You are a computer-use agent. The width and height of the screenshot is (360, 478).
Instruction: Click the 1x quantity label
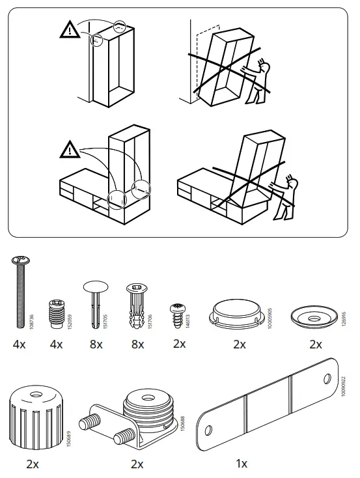coord(242,464)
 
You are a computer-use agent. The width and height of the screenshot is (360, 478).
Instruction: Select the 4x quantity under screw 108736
coord(19,344)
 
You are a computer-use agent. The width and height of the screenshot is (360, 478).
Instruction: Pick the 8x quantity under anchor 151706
coord(137,344)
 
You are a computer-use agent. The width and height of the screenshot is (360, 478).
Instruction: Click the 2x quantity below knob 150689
coord(33,464)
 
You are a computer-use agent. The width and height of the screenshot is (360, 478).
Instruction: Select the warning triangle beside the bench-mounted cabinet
coord(68,148)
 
